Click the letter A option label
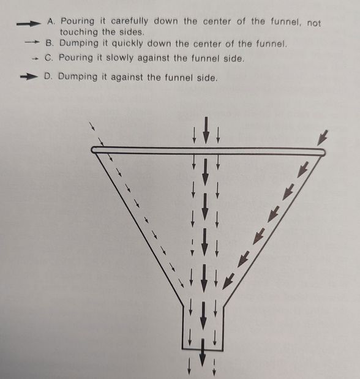51,22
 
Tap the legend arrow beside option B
32,44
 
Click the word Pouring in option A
78,22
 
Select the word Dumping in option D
79,78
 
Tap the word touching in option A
81,32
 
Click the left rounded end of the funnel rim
95,149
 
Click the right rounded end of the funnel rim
321,152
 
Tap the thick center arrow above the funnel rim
206,130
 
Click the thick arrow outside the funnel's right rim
323,137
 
